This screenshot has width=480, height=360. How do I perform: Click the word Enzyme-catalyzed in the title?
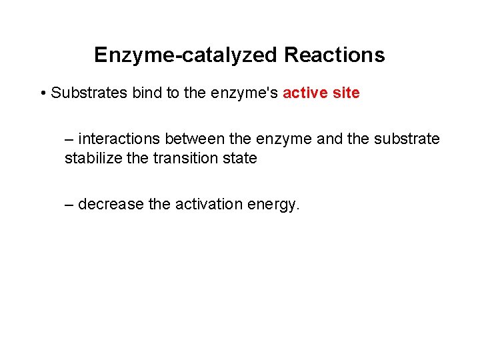click(186, 55)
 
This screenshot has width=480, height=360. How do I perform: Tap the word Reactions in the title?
click(334, 55)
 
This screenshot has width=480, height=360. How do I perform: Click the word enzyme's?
click(244, 93)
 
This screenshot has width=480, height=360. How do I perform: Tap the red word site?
click(347, 93)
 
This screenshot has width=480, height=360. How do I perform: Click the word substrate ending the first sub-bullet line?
click(407, 139)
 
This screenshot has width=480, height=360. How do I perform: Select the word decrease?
click(111, 204)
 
